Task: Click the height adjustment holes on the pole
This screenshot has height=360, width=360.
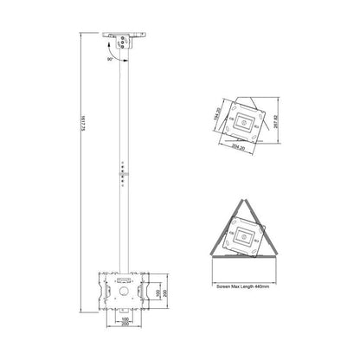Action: click(x=123, y=170)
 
